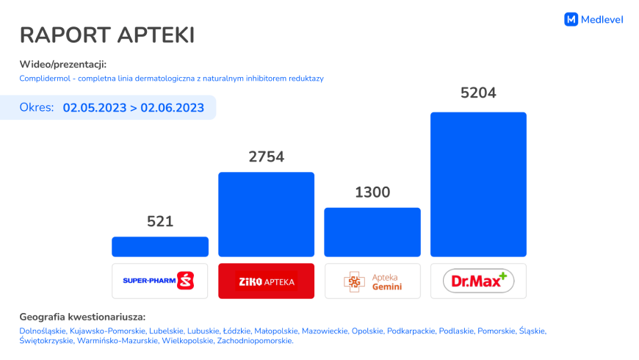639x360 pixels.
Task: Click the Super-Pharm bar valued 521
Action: [160, 247]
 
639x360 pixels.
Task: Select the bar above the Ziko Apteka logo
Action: [266, 215]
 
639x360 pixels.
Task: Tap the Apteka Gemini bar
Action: [372, 232]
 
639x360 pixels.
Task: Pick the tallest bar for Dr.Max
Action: [478, 184]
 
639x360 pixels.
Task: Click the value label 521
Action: [160, 221]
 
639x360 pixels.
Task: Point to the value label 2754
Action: [266, 156]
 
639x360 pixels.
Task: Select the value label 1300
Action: [372, 192]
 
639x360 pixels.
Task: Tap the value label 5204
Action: [478, 93]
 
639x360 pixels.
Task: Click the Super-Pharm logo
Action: [160, 281]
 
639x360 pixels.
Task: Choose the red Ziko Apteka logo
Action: [266, 281]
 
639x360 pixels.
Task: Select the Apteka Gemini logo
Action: [372, 281]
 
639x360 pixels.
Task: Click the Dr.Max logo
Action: [478, 281]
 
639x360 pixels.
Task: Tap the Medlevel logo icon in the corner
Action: [571, 20]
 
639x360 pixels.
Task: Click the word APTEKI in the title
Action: [153, 35]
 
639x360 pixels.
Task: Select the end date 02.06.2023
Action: [173, 107]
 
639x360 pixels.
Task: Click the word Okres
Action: [37, 107]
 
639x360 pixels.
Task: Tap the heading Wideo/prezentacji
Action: [63, 64]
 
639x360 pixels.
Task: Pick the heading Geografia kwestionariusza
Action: [82, 317]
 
